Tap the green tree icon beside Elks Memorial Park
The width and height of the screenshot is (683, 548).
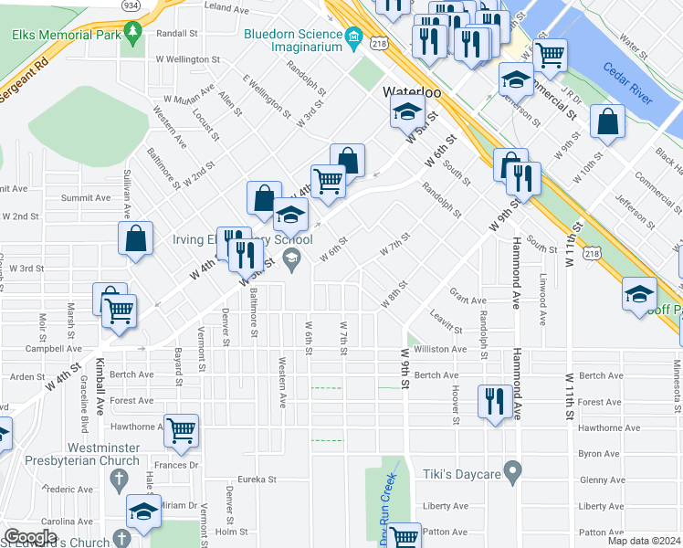click(133, 34)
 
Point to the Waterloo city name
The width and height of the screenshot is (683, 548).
click(411, 92)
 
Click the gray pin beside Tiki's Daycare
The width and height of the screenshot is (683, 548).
click(513, 473)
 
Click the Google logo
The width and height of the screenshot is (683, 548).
click(29, 537)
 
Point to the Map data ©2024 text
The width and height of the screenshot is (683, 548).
click(645, 541)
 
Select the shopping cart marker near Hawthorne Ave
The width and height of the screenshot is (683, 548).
click(181, 429)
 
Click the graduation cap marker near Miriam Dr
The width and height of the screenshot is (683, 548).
click(142, 515)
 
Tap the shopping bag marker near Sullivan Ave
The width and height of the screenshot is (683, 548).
click(135, 239)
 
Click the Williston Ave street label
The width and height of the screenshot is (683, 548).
click(440, 349)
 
